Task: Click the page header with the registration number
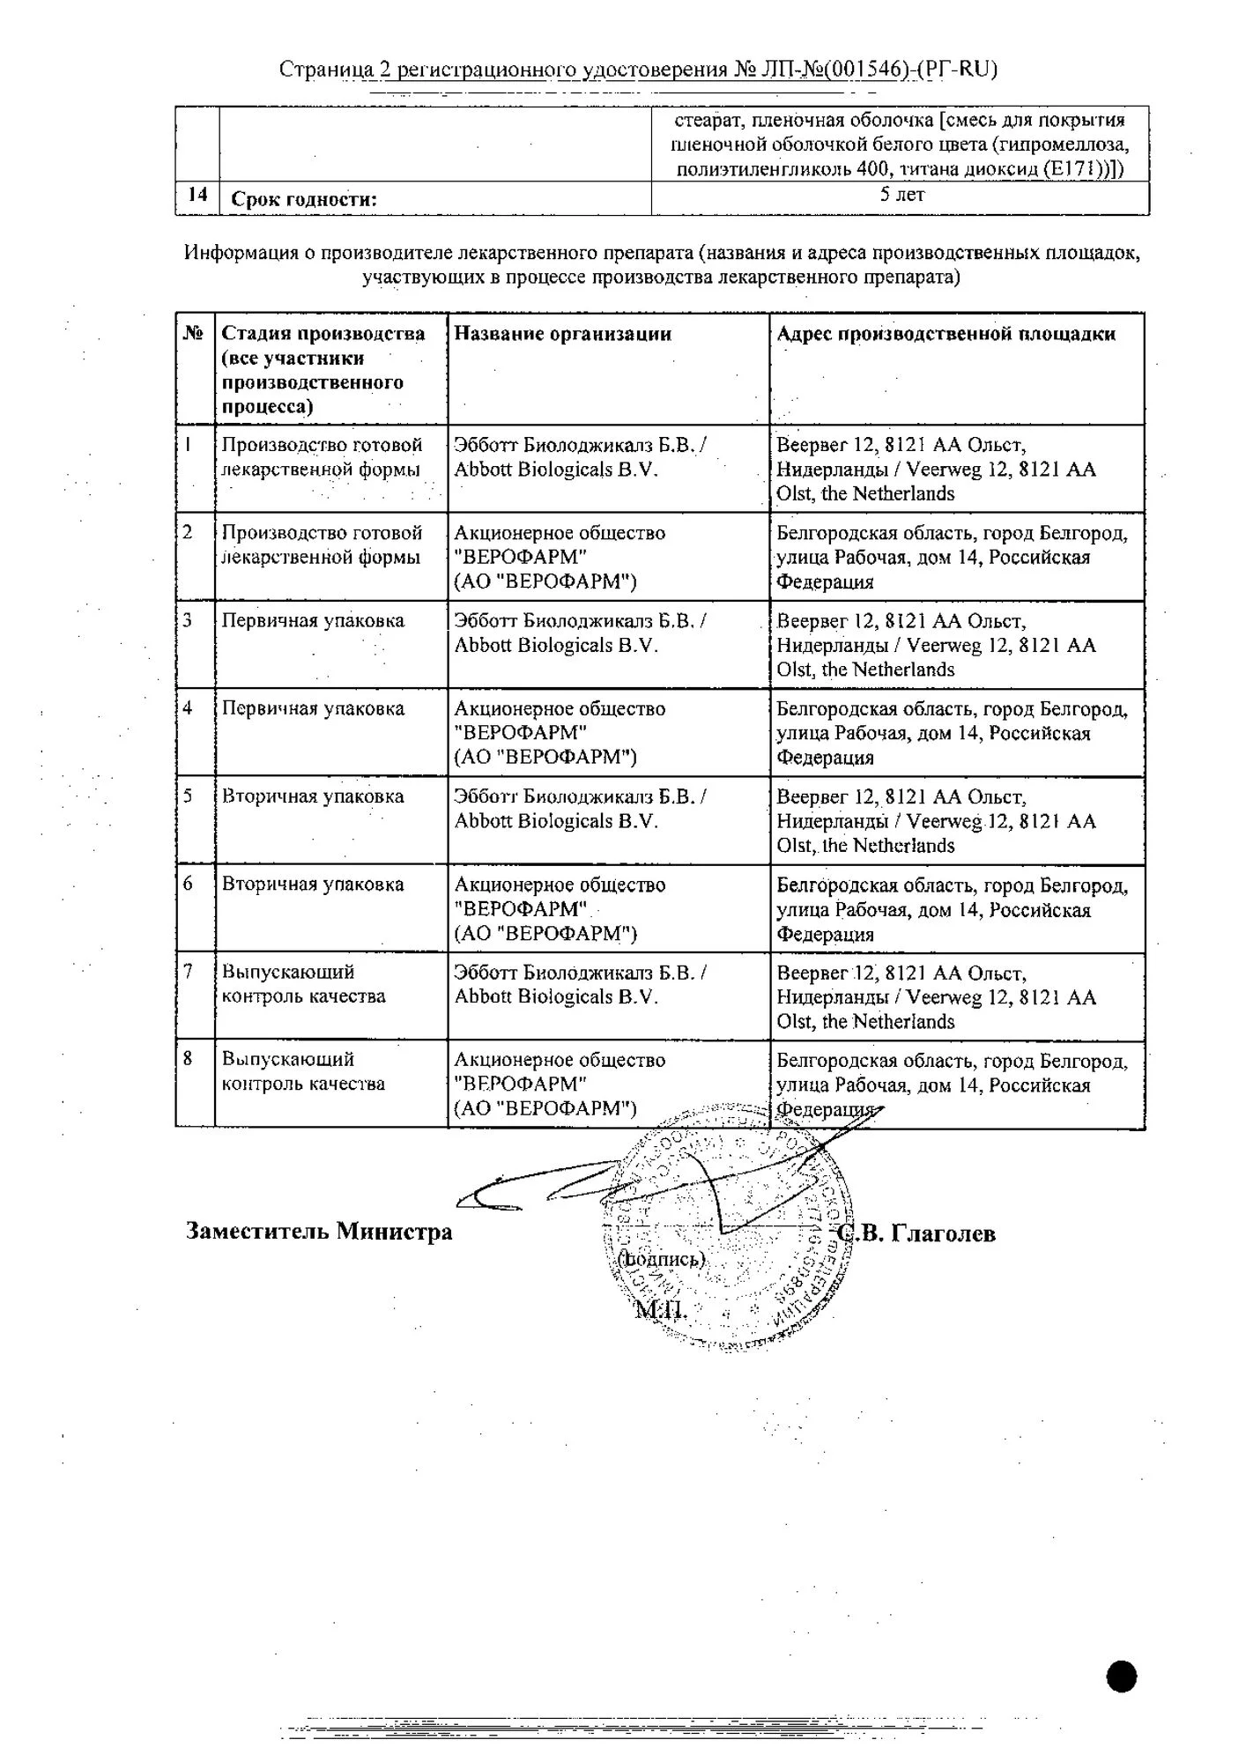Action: point(637,69)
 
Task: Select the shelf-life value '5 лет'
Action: point(901,195)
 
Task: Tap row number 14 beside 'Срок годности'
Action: point(197,195)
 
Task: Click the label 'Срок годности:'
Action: point(303,199)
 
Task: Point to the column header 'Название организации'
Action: point(562,334)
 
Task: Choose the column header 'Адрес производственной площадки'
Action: point(946,334)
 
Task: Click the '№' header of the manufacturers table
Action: point(194,333)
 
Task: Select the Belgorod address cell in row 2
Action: point(951,557)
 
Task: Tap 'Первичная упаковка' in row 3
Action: point(313,620)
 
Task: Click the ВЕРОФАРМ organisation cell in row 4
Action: point(560,732)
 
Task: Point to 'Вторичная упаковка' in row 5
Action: point(313,796)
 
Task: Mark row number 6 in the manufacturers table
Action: point(189,884)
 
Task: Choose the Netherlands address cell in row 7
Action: point(936,997)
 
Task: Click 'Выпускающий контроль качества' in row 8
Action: point(303,1071)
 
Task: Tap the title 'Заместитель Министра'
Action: point(319,1231)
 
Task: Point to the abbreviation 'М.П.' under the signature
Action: point(660,1310)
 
